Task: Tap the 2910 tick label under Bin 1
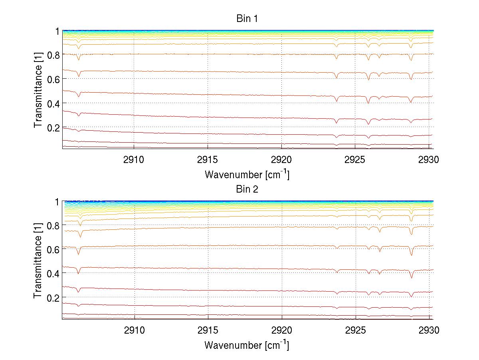click(x=134, y=160)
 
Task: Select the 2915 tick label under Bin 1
click(x=208, y=160)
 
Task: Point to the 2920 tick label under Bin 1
click(x=282, y=160)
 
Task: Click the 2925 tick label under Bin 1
click(x=355, y=160)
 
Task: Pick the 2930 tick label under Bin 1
click(x=429, y=160)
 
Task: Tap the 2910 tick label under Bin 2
click(x=134, y=331)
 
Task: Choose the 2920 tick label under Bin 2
click(x=282, y=331)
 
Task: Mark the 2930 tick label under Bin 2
click(x=429, y=331)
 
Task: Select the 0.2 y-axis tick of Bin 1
click(x=52, y=127)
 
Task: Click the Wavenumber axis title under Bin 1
click(x=247, y=174)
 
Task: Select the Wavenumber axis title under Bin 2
click(x=247, y=345)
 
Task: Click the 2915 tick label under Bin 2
click(x=208, y=331)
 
